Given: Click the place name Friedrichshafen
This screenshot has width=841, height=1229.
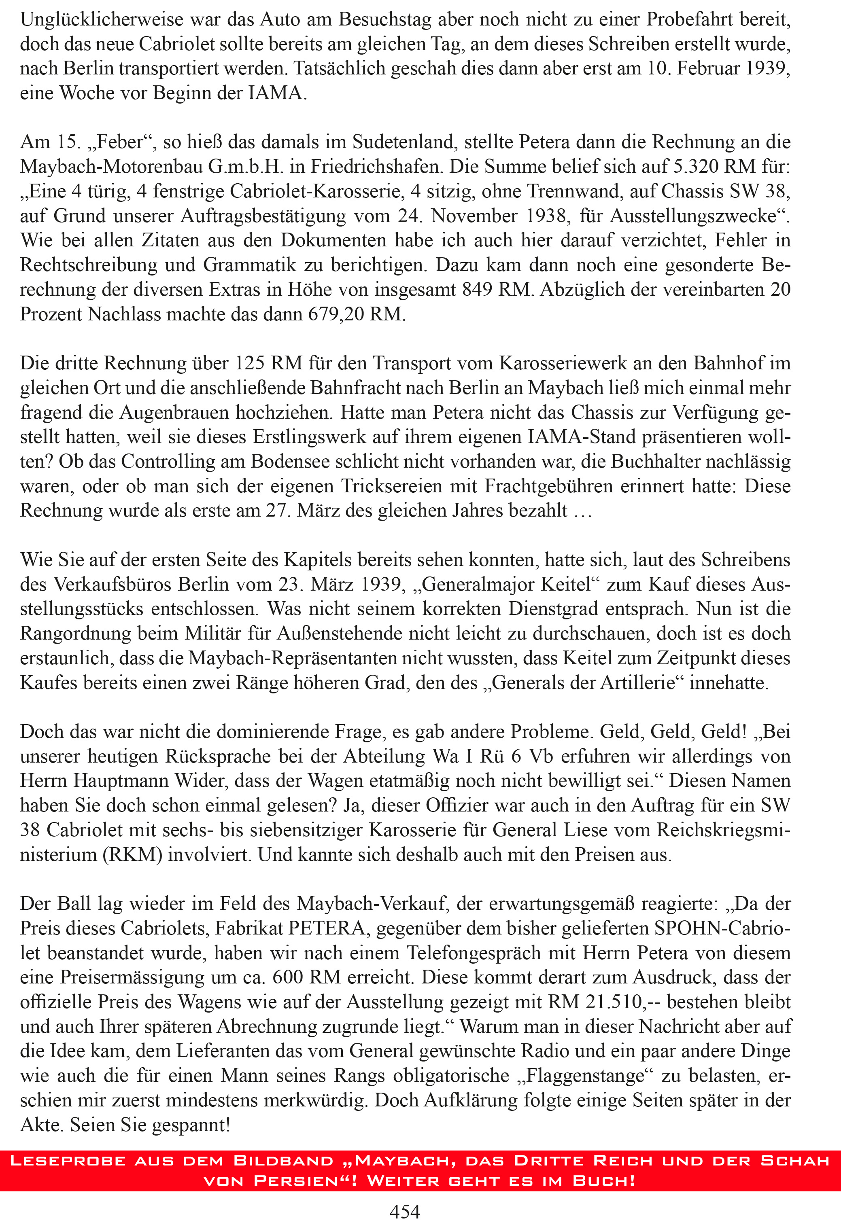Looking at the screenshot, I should click(376, 167).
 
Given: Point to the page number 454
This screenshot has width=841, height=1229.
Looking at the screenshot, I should click(405, 1211).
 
